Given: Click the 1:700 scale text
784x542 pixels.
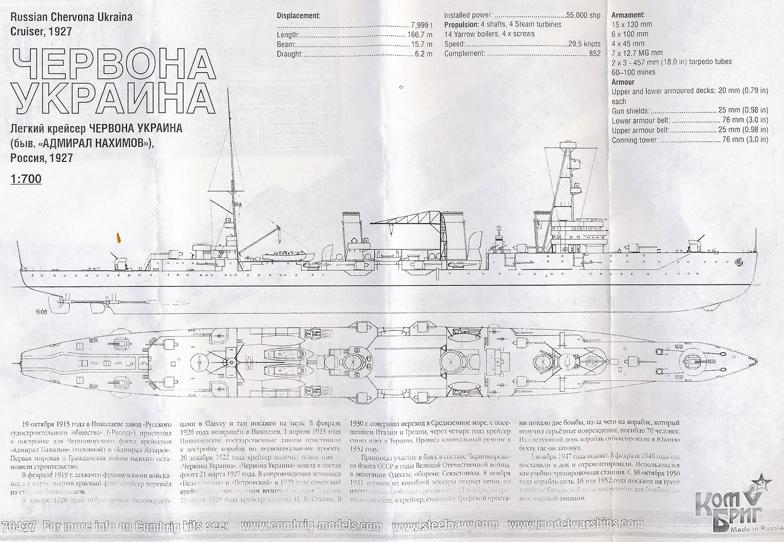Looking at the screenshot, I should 26,179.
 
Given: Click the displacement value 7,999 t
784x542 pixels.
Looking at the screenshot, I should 421,25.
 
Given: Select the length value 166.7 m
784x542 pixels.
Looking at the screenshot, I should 420,35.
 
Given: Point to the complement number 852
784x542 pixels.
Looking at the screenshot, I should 594,53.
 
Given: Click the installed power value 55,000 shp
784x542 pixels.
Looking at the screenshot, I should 583,15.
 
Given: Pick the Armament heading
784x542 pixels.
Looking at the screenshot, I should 628,15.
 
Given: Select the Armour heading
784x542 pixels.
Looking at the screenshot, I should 623,82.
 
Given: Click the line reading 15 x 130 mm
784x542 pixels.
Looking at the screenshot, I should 632,25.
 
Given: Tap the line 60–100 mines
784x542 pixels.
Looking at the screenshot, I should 633,72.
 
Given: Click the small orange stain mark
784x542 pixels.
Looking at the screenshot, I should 118,238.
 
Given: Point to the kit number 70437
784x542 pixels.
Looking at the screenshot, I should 19,527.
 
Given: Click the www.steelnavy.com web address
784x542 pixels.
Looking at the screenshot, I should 445,526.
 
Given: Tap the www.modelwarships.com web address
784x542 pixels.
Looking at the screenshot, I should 576,525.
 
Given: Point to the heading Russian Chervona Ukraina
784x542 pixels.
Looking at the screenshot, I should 72,17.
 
